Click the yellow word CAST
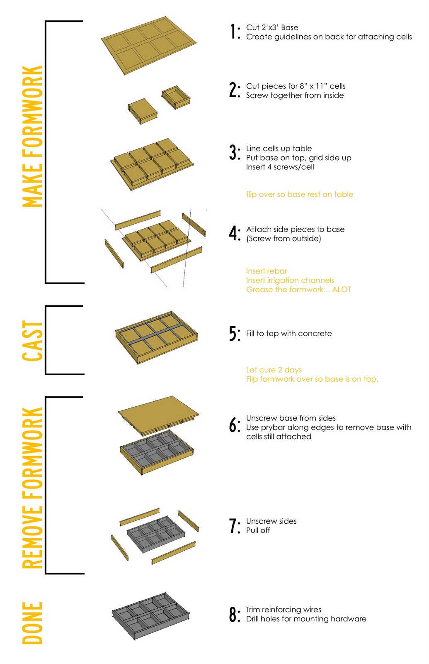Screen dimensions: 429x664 (x=32, y=341)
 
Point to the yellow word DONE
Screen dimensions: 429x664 (x=32, y=623)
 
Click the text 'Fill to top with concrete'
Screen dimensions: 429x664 (x=288, y=334)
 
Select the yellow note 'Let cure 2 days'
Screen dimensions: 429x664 (x=274, y=370)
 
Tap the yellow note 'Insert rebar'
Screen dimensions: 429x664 (x=267, y=271)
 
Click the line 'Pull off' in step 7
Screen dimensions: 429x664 (x=258, y=530)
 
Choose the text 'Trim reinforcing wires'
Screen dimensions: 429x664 (x=284, y=610)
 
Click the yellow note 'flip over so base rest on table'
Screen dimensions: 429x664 (x=299, y=194)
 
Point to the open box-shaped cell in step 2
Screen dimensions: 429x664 (x=176, y=98)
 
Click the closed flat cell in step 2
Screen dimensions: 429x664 (x=143, y=111)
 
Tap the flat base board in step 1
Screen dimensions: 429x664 (x=149, y=45)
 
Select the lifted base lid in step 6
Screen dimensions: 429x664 (x=158, y=415)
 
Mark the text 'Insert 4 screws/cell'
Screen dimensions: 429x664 (x=280, y=167)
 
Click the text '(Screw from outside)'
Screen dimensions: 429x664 (x=284, y=239)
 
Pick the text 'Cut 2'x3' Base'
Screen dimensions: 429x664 (x=272, y=27)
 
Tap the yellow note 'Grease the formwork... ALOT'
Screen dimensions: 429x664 (x=298, y=289)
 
